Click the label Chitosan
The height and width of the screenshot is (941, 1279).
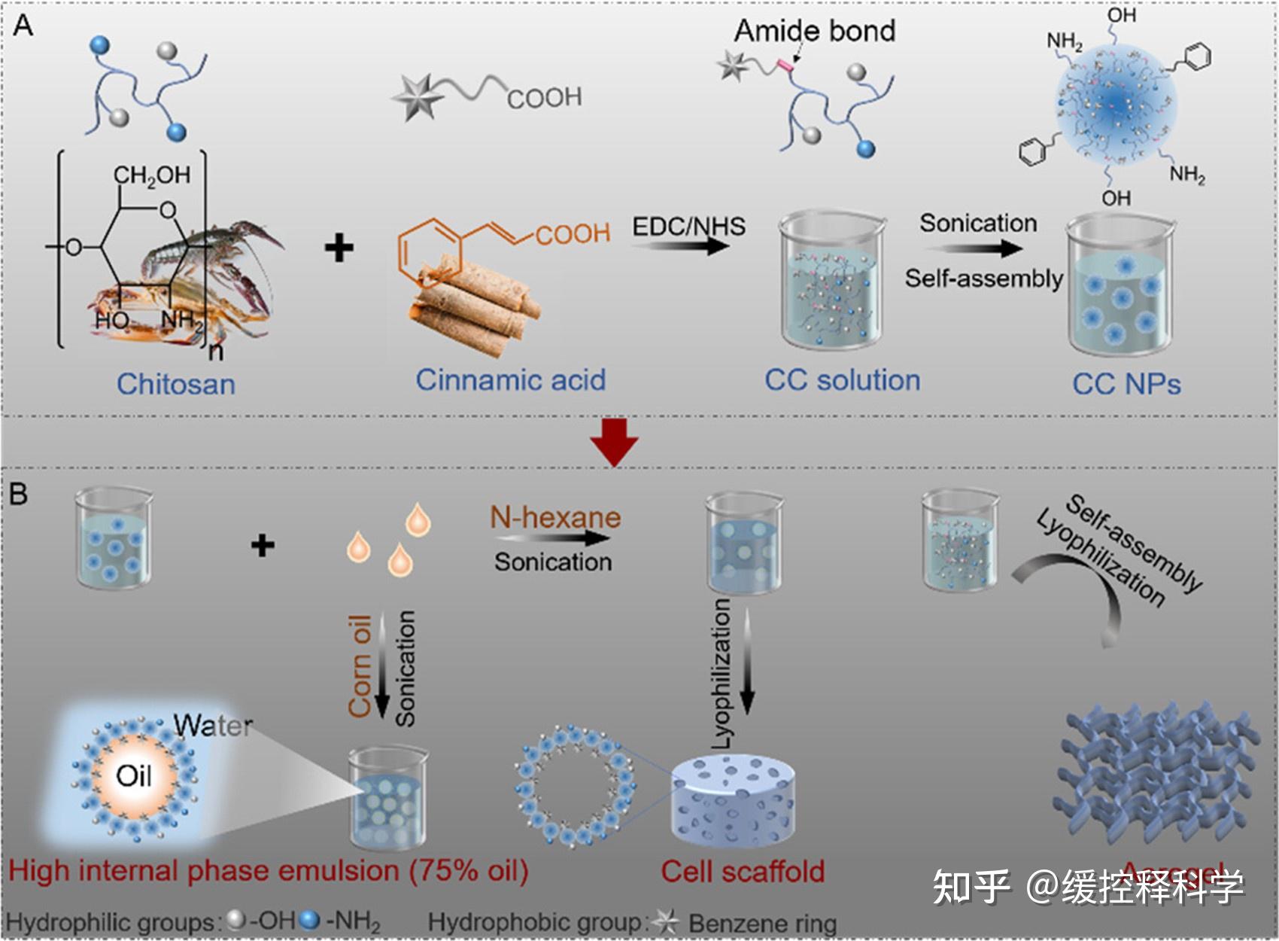(x=175, y=384)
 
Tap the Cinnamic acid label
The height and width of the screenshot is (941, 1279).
(x=510, y=380)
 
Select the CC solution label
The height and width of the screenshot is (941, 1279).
(x=842, y=380)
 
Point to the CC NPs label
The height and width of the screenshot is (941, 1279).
(x=1126, y=384)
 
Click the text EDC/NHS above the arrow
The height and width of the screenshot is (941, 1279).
(x=688, y=226)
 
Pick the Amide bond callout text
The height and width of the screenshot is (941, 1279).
(x=814, y=31)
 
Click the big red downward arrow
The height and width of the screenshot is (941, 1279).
(x=614, y=442)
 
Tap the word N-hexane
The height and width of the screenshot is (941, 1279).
(x=555, y=517)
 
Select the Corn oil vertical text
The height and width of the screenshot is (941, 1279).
(x=360, y=665)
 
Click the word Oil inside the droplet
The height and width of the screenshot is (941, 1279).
(x=134, y=775)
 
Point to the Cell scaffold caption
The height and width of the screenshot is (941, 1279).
(x=743, y=871)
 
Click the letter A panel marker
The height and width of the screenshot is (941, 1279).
(x=23, y=26)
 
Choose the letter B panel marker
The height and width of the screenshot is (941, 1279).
(x=18, y=494)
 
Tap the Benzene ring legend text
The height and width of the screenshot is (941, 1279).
(x=762, y=923)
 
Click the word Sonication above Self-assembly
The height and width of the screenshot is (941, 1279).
(x=978, y=223)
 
